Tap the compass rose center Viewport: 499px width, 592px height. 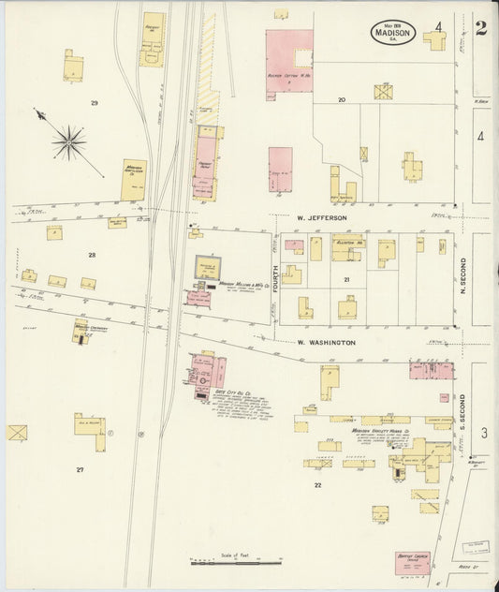[x=68, y=143]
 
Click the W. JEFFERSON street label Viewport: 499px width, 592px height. [x=321, y=217]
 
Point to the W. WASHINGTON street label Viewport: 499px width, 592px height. [x=326, y=343]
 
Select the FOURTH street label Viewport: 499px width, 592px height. [x=276, y=279]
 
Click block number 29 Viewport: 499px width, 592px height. [x=94, y=102]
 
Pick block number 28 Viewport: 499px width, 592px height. [x=92, y=255]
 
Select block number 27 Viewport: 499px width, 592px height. [x=81, y=468]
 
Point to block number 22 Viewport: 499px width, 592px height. [x=317, y=484]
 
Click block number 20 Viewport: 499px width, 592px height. [x=342, y=99]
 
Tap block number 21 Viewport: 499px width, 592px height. [x=345, y=279]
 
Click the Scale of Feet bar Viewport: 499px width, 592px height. [x=236, y=563]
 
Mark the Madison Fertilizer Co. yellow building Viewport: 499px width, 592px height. [x=134, y=179]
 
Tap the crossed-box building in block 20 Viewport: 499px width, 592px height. [x=383, y=92]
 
